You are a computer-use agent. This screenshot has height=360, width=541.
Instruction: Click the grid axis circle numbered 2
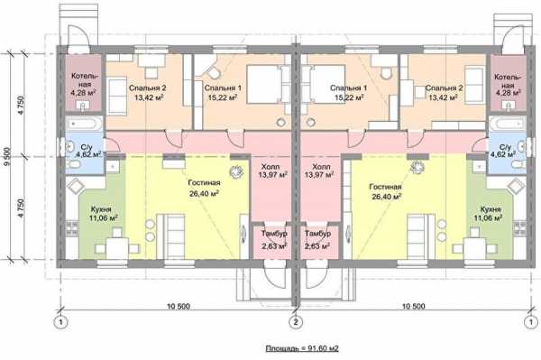coord(296,322)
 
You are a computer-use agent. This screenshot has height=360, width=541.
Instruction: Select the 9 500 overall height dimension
coord(7,156)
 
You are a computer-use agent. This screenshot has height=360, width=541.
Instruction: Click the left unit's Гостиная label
coord(205,182)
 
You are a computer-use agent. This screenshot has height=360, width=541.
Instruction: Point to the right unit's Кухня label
coord(491,209)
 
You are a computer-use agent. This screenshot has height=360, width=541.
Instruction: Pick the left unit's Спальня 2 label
coord(147,88)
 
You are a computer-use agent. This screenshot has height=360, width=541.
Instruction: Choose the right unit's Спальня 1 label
coord(348,88)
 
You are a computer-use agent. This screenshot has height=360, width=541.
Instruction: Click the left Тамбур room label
coord(274,234)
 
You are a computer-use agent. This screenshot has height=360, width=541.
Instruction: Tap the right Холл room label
coord(319,166)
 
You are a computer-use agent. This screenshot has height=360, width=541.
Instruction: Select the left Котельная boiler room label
coord(82,79)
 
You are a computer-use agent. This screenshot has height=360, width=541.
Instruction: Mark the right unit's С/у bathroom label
coord(505,147)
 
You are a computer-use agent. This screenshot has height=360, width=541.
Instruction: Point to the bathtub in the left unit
coord(84,124)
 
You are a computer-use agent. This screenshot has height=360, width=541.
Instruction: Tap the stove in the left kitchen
coord(72,228)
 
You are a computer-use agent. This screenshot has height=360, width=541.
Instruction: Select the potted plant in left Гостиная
coord(236,171)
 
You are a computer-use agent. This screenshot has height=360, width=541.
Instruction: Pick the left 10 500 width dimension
coord(179,306)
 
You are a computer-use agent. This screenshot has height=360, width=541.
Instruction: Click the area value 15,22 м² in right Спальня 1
coord(349,97)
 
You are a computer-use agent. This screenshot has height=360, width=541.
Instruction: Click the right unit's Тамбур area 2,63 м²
coord(317,246)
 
